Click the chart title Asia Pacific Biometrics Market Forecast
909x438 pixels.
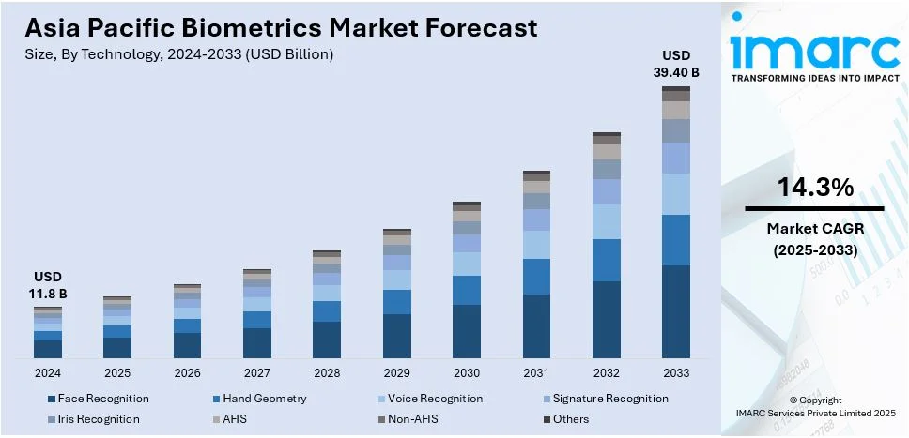[x=282, y=27]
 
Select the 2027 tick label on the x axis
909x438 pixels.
[x=257, y=373]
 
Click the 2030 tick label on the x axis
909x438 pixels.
[x=467, y=373]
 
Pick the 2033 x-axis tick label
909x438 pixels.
[x=675, y=373]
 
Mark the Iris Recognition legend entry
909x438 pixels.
[x=99, y=419]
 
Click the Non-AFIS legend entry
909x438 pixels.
[x=412, y=419]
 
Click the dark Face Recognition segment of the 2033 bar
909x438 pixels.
[x=675, y=311]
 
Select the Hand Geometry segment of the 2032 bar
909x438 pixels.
[x=607, y=260]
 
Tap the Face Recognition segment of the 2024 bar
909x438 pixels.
[x=48, y=349]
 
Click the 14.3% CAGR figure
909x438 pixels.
[x=814, y=188]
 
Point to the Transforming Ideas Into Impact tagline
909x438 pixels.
[x=813, y=79]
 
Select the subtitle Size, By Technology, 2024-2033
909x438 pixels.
[x=179, y=54]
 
